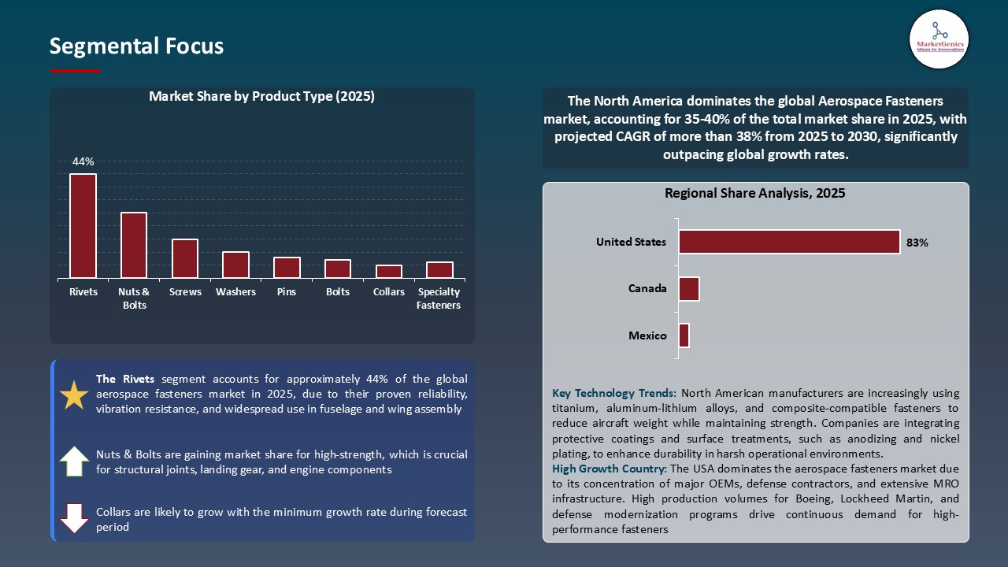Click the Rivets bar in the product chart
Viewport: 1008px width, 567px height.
pyautogui.click(x=83, y=226)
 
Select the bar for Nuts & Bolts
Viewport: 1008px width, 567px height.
pyautogui.click(x=134, y=245)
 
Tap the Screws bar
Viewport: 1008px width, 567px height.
pyautogui.click(x=185, y=258)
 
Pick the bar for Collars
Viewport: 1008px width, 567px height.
pyautogui.click(x=389, y=271)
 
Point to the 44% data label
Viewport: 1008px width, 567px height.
pyautogui.click(x=83, y=161)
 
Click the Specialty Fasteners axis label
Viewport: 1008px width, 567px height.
pyautogui.click(x=439, y=298)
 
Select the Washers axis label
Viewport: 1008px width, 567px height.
pyautogui.click(x=235, y=292)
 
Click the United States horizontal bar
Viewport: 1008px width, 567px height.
pyautogui.click(x=789, y=242)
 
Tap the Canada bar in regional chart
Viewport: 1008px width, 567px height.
pyautogui.click(x=689, y=289)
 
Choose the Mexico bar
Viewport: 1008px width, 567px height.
pyautogui.click(x=684, y=335)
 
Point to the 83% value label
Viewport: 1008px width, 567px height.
pyautogui.click(x=917, y=243)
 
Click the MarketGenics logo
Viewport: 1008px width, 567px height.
pyautogui.click(x=939, y=39)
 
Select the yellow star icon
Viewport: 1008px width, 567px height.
pyautogui.click(x=74, y=395)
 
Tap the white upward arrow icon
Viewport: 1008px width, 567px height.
pyautogui.click(x=74, y=461)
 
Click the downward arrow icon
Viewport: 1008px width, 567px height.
pyautogui.click(x=74, y=518)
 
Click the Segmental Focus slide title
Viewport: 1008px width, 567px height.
pyautogui.click(x=136, y=46)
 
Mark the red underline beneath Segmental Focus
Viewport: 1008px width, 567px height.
pyautogui.click(x=76, y=71)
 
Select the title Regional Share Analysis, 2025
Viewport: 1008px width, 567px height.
pyautogui.click(x=754, y=193)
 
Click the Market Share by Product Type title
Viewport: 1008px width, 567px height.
pyautogui.click(x=261, y=97)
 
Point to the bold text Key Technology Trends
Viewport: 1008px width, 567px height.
pyautogui.click(x=614, y=393)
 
